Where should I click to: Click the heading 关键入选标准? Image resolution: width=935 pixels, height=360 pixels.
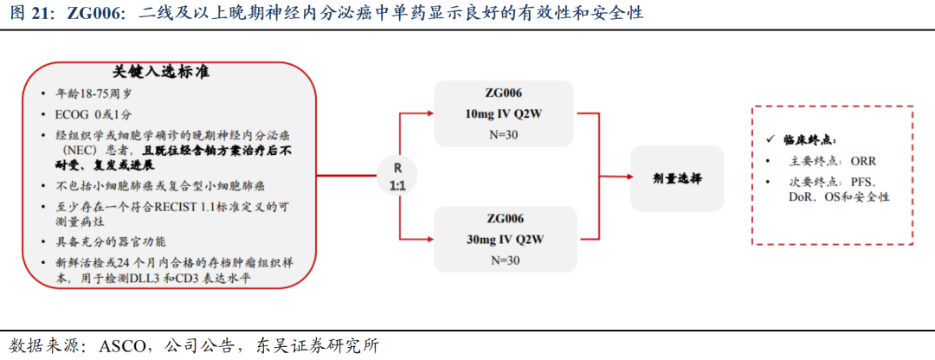[161, 72]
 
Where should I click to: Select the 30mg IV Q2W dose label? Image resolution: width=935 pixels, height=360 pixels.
[504, 239]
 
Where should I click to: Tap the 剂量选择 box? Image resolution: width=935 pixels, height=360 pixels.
[677, 177]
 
